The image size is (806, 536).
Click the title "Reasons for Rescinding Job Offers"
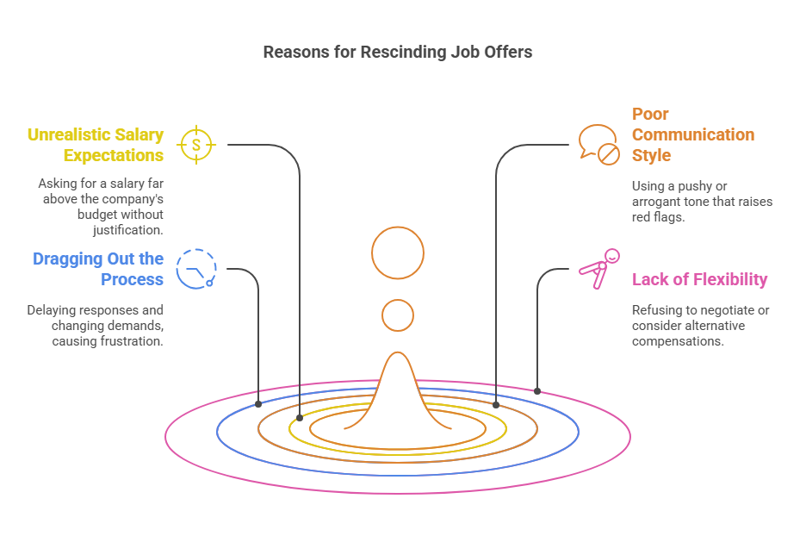click(x=397, y=52)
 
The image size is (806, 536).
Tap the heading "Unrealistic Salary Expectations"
click(x=96, y=145)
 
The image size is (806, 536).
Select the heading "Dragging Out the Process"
click(x=98, y=269)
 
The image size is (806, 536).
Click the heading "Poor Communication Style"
click(x=693, y=134)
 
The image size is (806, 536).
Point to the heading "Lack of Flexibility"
click(x=699, y=279)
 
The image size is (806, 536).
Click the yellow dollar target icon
click(x=196, y=145)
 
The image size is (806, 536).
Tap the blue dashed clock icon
click(x=196, y=269)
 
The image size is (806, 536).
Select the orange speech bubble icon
click(x=598, y=145)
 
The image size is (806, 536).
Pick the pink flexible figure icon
click(x=599, y=269)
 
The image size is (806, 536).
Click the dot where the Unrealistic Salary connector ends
click(x=300, y=418)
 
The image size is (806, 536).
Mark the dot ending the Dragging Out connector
click(x=258, y=404)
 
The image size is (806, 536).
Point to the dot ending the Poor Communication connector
click(x=496, y=405)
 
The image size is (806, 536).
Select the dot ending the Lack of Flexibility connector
click(x=537, y=391)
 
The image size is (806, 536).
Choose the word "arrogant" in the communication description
click(x=655, y=202)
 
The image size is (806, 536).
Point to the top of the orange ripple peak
click(x=398, y=352)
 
